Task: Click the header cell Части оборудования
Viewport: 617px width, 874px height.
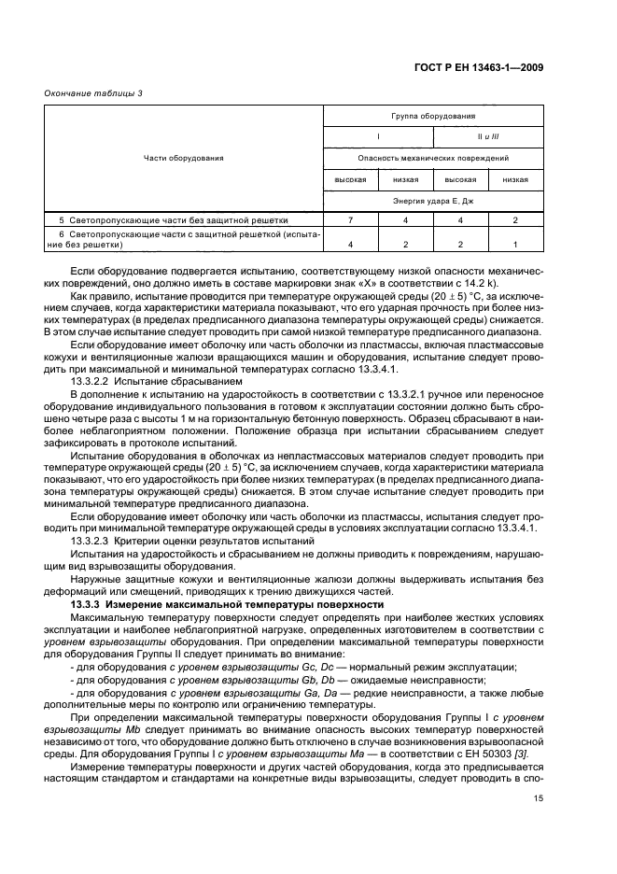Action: (184, 158)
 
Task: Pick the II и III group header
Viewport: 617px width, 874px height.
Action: (488, 137)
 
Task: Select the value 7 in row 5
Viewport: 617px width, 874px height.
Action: (350, 220)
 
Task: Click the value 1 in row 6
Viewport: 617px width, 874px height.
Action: (515, 243)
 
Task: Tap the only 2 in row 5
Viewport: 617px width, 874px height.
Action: (515, 220)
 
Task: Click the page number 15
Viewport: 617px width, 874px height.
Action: (539, 798)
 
